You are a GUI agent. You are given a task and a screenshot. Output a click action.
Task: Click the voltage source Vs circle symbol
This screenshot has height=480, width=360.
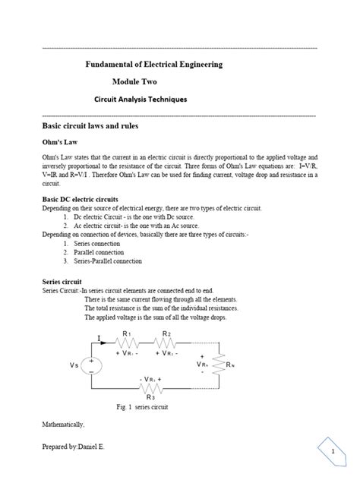pos(93,365)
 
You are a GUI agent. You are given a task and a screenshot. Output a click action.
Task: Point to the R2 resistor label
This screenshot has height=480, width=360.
pos(167,333)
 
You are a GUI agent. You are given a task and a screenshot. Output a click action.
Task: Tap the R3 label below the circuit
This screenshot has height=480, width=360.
pos(151,396)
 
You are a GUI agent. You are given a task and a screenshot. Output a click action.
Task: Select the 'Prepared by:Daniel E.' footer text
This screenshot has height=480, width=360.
pos(74,447)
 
